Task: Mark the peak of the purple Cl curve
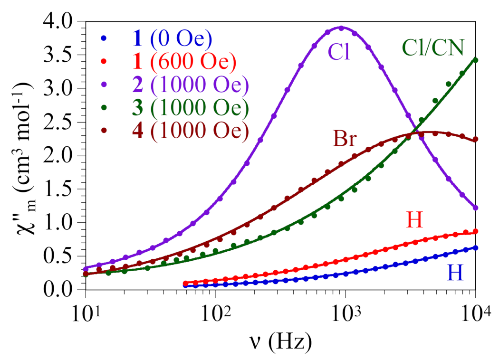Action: point(341,28)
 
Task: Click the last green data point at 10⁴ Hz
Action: point(475,60)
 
